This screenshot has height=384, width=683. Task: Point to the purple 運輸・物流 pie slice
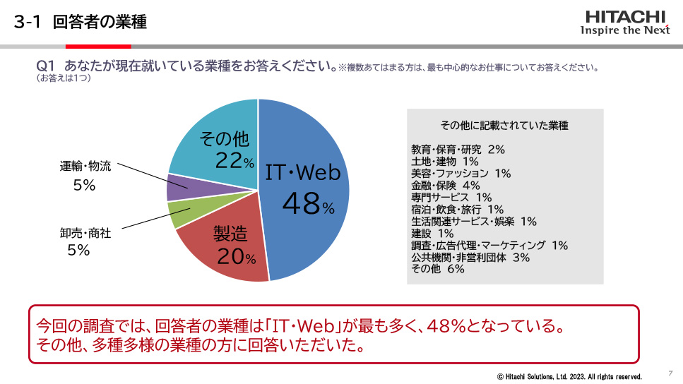[178, 188]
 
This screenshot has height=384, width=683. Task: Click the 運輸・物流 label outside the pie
[85, 167]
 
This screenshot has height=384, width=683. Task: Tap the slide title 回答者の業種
[100, 22]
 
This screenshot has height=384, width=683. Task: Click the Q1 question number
[45, 66]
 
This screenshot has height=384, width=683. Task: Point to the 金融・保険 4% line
[445, 186]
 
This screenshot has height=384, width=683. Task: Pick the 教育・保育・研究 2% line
[458, 150]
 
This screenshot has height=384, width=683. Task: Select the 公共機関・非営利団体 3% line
[470, 258]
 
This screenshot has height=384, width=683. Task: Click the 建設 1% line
[432, 234]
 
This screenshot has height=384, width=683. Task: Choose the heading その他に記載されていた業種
[504, 126]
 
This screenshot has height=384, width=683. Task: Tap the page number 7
[670, 372]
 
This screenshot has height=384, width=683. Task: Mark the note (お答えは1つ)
[63, 78]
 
